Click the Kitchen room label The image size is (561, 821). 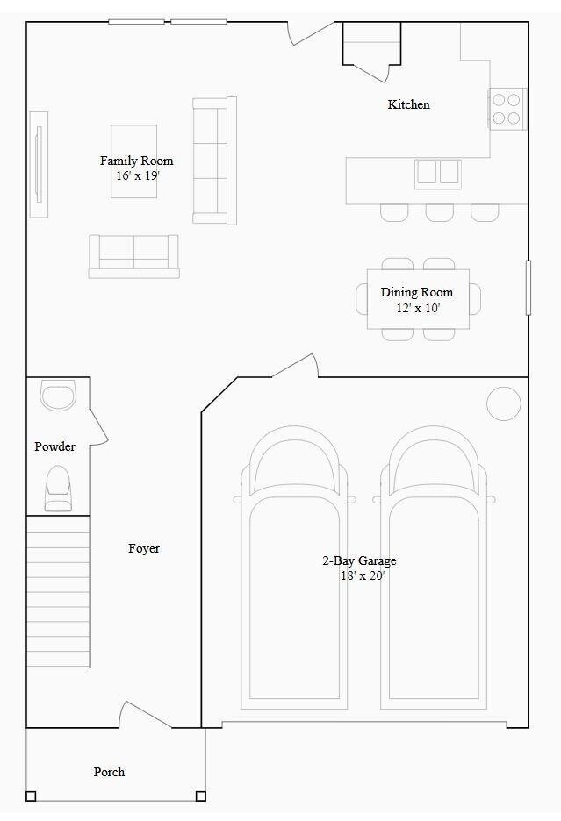pyautogui.click(x=409, y=104)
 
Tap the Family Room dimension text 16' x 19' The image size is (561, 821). pyautogui.click(x=137, y=175)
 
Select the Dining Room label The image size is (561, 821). pyautogui.click(x=417, y=292)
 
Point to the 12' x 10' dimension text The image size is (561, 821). pyautogui.click(x=418, y=308)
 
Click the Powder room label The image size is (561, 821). pyautogui.click(x=54, y=446)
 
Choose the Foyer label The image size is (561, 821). pyautogui.click(x=144, y=548)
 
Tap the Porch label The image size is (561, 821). pyautogui.click(x=109, y=772)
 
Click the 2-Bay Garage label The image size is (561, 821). pyautogui.click(x=359, y=560)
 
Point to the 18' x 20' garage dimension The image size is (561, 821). pyautogui.click(x=363, y=576)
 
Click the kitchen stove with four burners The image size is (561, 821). pyautogui.click(x=507, y=109)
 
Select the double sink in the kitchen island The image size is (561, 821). pyautogui.click(x=438, y=173)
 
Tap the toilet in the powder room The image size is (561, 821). pyautogui.click(x=58, y=488)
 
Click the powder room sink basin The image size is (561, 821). pyautogui.click(x=59, y=396)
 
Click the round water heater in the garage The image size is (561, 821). pyautogui.click(x=504, y=403)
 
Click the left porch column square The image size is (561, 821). pyautogui.click(x=31, y=796)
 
